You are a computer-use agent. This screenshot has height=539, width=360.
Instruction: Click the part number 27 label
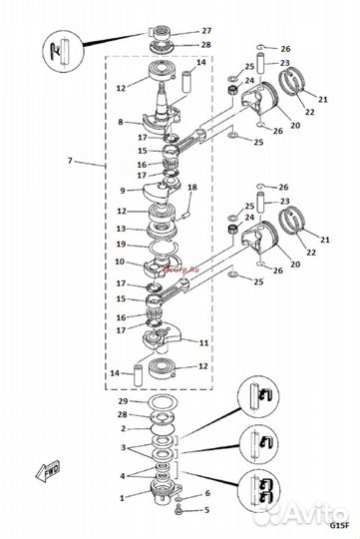pyautogui.click(x=206, y=32)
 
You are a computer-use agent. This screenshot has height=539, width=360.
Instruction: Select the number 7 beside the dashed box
pyautogui.click(x=69, y=161)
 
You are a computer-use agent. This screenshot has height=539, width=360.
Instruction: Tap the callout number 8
pyautogui.click(x=121, y=123)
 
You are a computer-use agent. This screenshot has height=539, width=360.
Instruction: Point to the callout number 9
pyautogui.click(x=121, y=190)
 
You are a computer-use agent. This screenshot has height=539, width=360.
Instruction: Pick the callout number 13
pyautogui.click(x=121, y=228)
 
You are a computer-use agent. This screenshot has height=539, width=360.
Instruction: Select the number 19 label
pyautogui.click(x=121, y=244)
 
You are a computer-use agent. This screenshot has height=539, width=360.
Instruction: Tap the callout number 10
pyautogui.click(x=121, y=262)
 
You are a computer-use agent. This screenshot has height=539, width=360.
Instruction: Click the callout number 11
pyautogui.click(x=203, y=342)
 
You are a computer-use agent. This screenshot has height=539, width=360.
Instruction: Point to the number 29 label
pyautogui.click(x=121, y=399)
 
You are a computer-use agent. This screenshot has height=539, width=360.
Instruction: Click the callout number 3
pyautogui.click(x=121, y=448)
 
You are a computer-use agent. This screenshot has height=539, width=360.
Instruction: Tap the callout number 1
pyautogui.click(x=121, y=496)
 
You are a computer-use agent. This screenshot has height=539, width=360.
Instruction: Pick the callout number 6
pyautogui.click(x=206, y=493)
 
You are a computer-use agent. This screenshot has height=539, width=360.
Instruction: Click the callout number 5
pyautogui.click(x=206, y=510)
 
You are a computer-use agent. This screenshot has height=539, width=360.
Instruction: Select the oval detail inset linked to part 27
pyautogui.click(x=61, y=52)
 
